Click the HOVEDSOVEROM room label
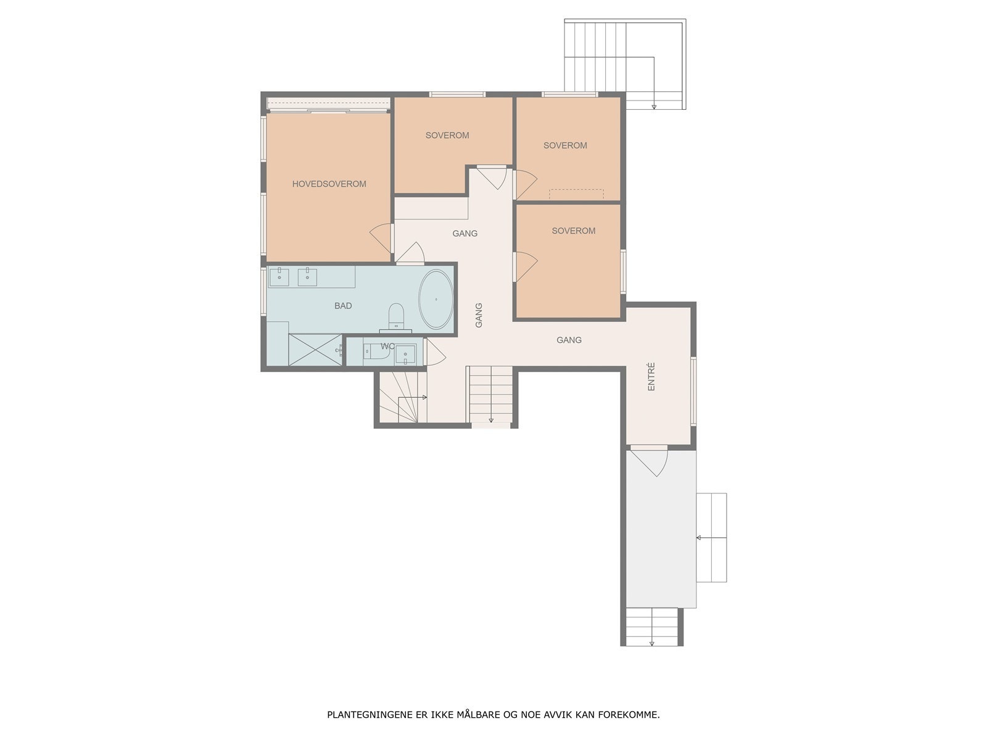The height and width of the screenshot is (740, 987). [x=329, y=184]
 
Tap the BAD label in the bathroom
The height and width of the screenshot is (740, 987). [x=343, y=306]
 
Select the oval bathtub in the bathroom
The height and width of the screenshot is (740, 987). [x=436, y=300]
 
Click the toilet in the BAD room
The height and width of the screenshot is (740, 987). [x=395, y=316]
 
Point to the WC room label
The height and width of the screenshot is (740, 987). [x=387, y=347]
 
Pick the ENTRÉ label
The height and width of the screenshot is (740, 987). [x=651, y=376]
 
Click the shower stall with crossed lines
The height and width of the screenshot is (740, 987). [x=315, y=350]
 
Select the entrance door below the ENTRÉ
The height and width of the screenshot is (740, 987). [x=649, y=462]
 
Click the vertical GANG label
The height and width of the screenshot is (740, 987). [x=479, y=315]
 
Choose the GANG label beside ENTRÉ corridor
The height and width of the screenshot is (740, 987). [x=569, y=340]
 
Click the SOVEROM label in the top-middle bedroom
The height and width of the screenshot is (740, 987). [x=447, y=135]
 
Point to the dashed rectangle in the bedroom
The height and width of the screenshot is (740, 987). [x=576, y=194]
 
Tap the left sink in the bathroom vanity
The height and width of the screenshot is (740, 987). [x=280, y=276]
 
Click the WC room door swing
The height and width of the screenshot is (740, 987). [x=435, y=353]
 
